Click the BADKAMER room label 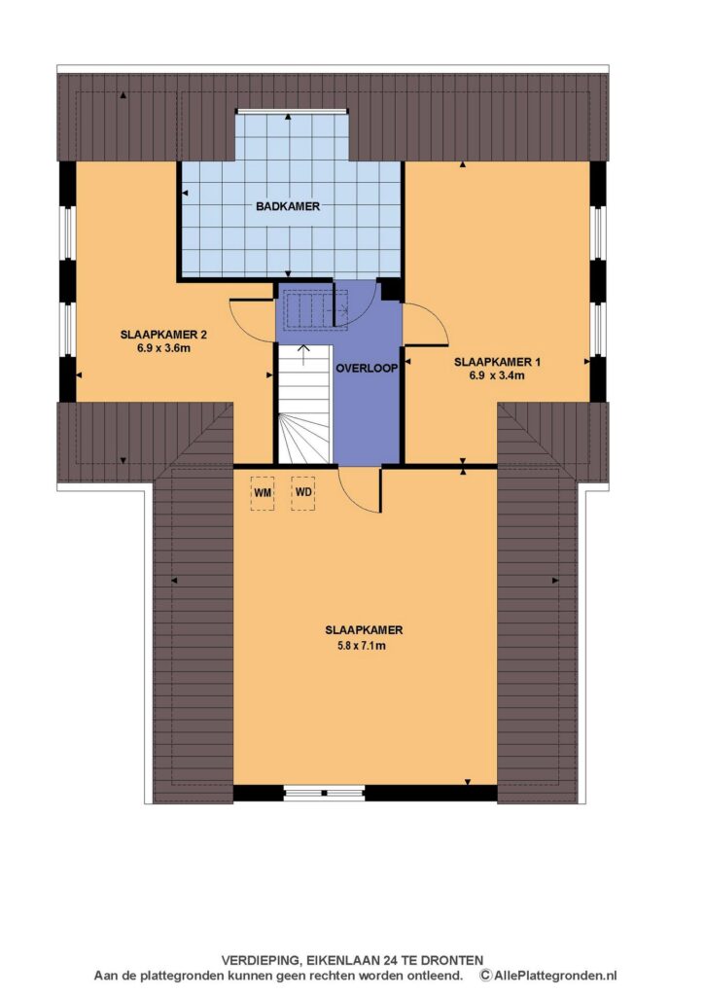pos(288,206)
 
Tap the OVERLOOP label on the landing pos(367,369)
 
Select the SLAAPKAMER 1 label pos(497,362)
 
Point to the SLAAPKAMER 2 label pos(164,335)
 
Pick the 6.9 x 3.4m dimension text pos(497,375)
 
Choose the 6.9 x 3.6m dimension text pos(164,348)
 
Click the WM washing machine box pos(263,493)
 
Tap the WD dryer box pos(303,493)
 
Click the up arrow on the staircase pos(303,354)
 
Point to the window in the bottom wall pos(324,793)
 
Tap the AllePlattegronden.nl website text pos(555,976)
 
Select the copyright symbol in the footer pos(486,976)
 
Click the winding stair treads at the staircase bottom pos(305,439)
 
